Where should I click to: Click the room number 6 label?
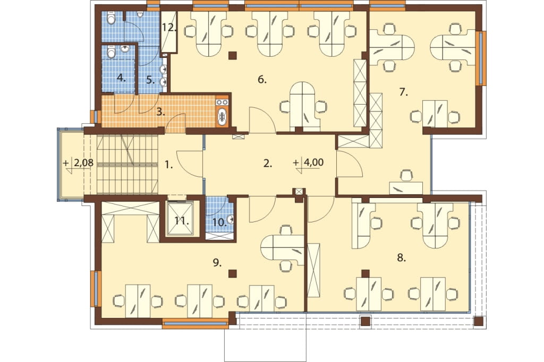click(262, 80)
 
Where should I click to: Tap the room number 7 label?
click(403, 92)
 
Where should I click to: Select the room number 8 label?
click(402, 258)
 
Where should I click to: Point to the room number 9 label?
click(217, 263)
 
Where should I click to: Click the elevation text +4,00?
click(309, 162)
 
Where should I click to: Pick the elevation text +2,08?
click(79, 163)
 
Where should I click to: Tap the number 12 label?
click(169, 28)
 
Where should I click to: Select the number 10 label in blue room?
click(219, 222)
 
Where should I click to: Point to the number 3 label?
click(160, 112)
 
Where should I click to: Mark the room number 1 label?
click(168, 166)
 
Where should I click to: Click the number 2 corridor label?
click(267, 163)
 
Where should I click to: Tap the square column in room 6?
click(233, 55)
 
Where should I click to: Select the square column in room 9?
click(233, 273)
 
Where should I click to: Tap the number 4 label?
click(121, 78)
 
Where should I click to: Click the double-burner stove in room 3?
click(222, 102)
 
